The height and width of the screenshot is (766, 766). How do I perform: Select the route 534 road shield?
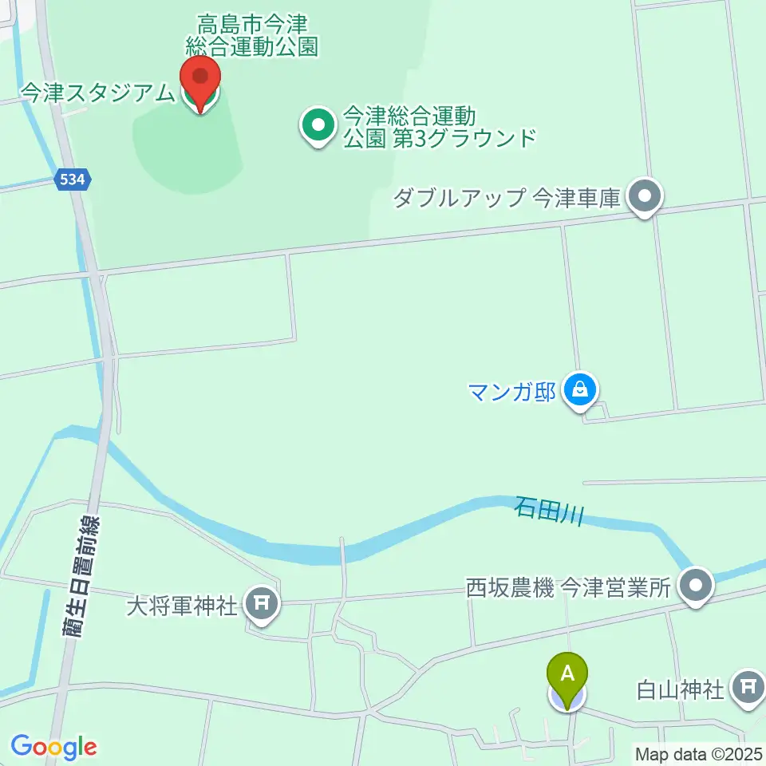[73, 181]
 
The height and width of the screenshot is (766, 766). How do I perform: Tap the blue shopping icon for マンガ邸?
[581, 390]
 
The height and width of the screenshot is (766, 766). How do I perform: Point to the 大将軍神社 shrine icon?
[262, 604]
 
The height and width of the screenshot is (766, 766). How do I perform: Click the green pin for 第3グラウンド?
[318, 125]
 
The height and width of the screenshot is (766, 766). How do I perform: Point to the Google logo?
[53, 747]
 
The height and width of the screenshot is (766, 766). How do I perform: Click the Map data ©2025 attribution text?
[699, 753]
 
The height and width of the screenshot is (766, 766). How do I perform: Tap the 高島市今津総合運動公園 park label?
[252, 36]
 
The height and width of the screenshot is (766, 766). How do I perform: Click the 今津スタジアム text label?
[97, 93]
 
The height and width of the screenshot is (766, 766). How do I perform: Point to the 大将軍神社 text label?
[183, 606]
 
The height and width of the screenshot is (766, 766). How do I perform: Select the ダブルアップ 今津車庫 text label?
[507, 197]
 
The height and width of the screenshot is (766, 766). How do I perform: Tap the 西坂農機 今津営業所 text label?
[567, 589]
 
